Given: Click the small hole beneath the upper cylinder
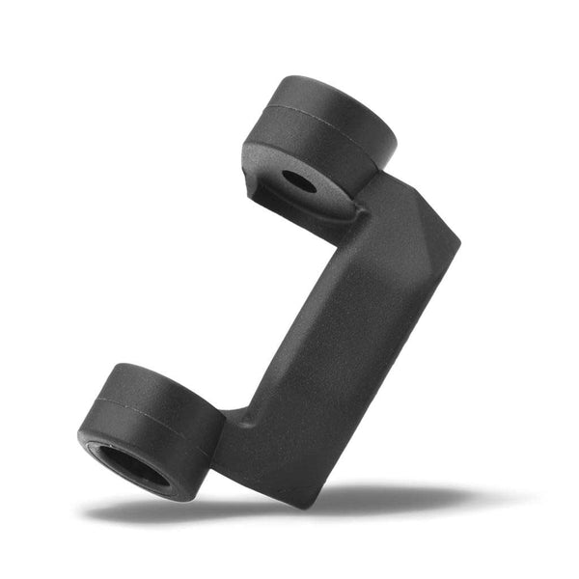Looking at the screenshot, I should (x=298, y=180).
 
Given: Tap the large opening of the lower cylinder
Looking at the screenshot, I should (x=134, y=466).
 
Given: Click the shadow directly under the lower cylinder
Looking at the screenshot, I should (x=145, y=509).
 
